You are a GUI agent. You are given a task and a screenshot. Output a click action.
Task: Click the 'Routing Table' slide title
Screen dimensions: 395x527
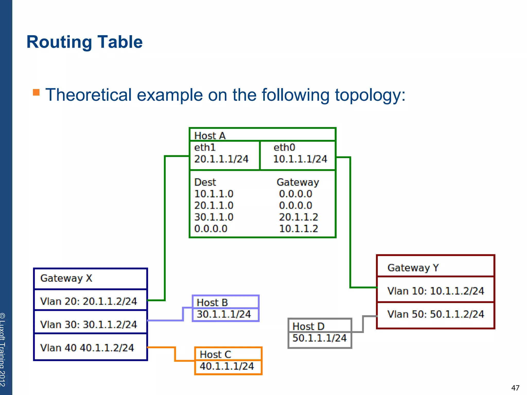(x=84, y=42)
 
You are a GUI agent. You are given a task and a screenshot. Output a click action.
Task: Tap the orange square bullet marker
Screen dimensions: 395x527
(x=36, y=92)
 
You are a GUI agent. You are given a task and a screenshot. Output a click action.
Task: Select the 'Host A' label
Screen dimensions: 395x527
(x=210, y=136)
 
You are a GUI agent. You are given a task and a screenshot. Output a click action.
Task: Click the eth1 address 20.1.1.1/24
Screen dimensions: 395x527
(x=221, y=159)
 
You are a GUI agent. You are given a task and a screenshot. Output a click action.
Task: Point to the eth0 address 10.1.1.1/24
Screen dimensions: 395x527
(x=300, y=159)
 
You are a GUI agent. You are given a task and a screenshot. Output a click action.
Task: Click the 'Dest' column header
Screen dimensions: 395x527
(x=205, y=182)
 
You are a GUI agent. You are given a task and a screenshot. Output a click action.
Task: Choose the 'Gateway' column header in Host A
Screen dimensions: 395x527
(x=298, y=182)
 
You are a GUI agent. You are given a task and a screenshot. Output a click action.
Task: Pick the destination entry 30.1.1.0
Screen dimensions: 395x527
(x=214, y=217)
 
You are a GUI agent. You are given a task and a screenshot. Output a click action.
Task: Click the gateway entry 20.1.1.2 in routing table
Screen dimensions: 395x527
(x=298, y=217)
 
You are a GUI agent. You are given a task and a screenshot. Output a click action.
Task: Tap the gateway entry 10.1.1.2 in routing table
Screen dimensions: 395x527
(x=298, y=229)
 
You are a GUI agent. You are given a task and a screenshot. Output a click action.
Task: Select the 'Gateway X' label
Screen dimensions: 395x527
(x=66, y=278)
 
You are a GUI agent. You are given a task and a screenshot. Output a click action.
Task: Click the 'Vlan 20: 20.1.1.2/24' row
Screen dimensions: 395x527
(x=89, y=301)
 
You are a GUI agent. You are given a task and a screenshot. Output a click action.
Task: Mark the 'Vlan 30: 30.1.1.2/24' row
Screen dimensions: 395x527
(x=89, y=325)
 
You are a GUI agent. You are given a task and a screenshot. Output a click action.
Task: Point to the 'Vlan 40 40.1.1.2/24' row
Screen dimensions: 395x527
(x=87, y=348)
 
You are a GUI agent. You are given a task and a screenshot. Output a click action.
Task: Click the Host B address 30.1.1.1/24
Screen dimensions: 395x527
(x=224, y=314)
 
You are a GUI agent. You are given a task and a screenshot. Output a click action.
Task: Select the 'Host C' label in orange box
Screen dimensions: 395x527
(x=215, y=354)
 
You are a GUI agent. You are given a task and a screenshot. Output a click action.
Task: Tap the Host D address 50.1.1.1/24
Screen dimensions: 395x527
(x=320, y=338)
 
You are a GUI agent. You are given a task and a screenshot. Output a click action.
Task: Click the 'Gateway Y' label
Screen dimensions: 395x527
(x=413, y=268)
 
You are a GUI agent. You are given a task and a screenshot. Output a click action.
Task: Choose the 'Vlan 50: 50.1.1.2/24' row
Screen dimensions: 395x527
(x=436, y=314)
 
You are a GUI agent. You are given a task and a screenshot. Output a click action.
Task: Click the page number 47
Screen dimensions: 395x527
(x=515, y=388)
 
